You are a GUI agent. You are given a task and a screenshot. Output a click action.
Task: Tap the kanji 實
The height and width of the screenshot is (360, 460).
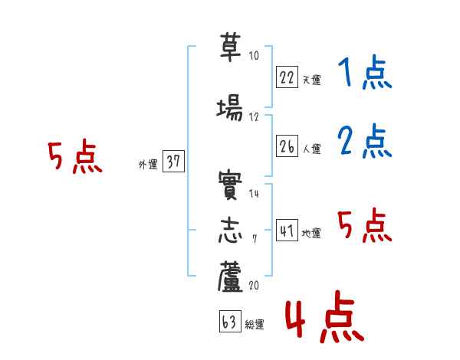tap(229, 186)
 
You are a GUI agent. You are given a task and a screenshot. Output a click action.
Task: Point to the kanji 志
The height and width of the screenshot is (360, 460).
tap(229, 229)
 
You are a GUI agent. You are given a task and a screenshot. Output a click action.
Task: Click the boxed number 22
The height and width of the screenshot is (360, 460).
tap(287, 77)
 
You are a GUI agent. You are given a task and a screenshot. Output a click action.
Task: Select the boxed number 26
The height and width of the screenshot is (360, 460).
tap(287, 146)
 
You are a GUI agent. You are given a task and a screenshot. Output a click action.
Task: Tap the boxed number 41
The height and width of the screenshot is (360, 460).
tap(287, 231)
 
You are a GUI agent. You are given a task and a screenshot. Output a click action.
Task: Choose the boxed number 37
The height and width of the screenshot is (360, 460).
tap(173, 161)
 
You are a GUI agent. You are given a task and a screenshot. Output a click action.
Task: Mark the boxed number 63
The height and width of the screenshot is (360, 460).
tap(229, 322)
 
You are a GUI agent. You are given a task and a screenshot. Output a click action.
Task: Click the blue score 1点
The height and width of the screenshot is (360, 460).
tap(364, 74)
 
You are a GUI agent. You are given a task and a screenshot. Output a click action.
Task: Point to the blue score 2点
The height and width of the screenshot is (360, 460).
tap(364, 142)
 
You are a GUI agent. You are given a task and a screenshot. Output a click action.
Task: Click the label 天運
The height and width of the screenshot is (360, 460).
tap(311, 80)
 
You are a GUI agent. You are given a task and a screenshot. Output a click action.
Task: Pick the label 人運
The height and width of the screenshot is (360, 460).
tap(311, 149)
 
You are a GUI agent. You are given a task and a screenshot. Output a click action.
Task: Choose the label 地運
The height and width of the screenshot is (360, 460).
tap(311, 233)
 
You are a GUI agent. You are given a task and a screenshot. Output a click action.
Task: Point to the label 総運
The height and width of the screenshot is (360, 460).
tap(255, 325)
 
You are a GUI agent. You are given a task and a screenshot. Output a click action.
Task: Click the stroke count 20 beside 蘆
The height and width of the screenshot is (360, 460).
tap(255, 286)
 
